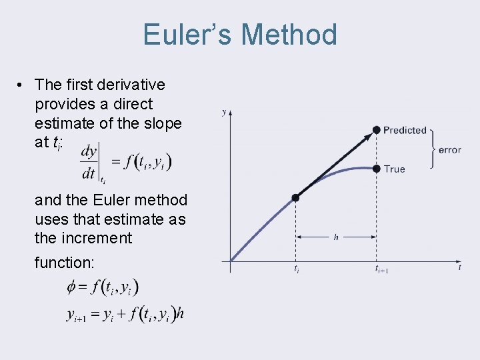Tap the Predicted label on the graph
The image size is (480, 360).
point(405,130)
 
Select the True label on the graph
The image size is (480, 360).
point(394,169)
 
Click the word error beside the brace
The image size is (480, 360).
point(450,150)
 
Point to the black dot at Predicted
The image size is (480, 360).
point(376,129)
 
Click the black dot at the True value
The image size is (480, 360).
point(376,169)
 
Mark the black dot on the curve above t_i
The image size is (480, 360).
point(296,197)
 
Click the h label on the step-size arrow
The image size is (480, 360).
point(336,237)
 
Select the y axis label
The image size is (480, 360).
point(223,112)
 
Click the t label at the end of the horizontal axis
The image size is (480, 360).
point(459,267)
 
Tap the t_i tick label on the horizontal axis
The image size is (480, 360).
point(296,269)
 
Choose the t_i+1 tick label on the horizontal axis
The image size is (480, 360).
point(381,269)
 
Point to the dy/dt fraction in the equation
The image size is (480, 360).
point(89,162)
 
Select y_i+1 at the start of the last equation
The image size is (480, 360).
point(75,315)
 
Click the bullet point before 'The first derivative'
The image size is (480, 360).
point(22,85)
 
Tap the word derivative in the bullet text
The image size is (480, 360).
point(131,85)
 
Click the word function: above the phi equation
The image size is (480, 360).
point(65,263)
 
